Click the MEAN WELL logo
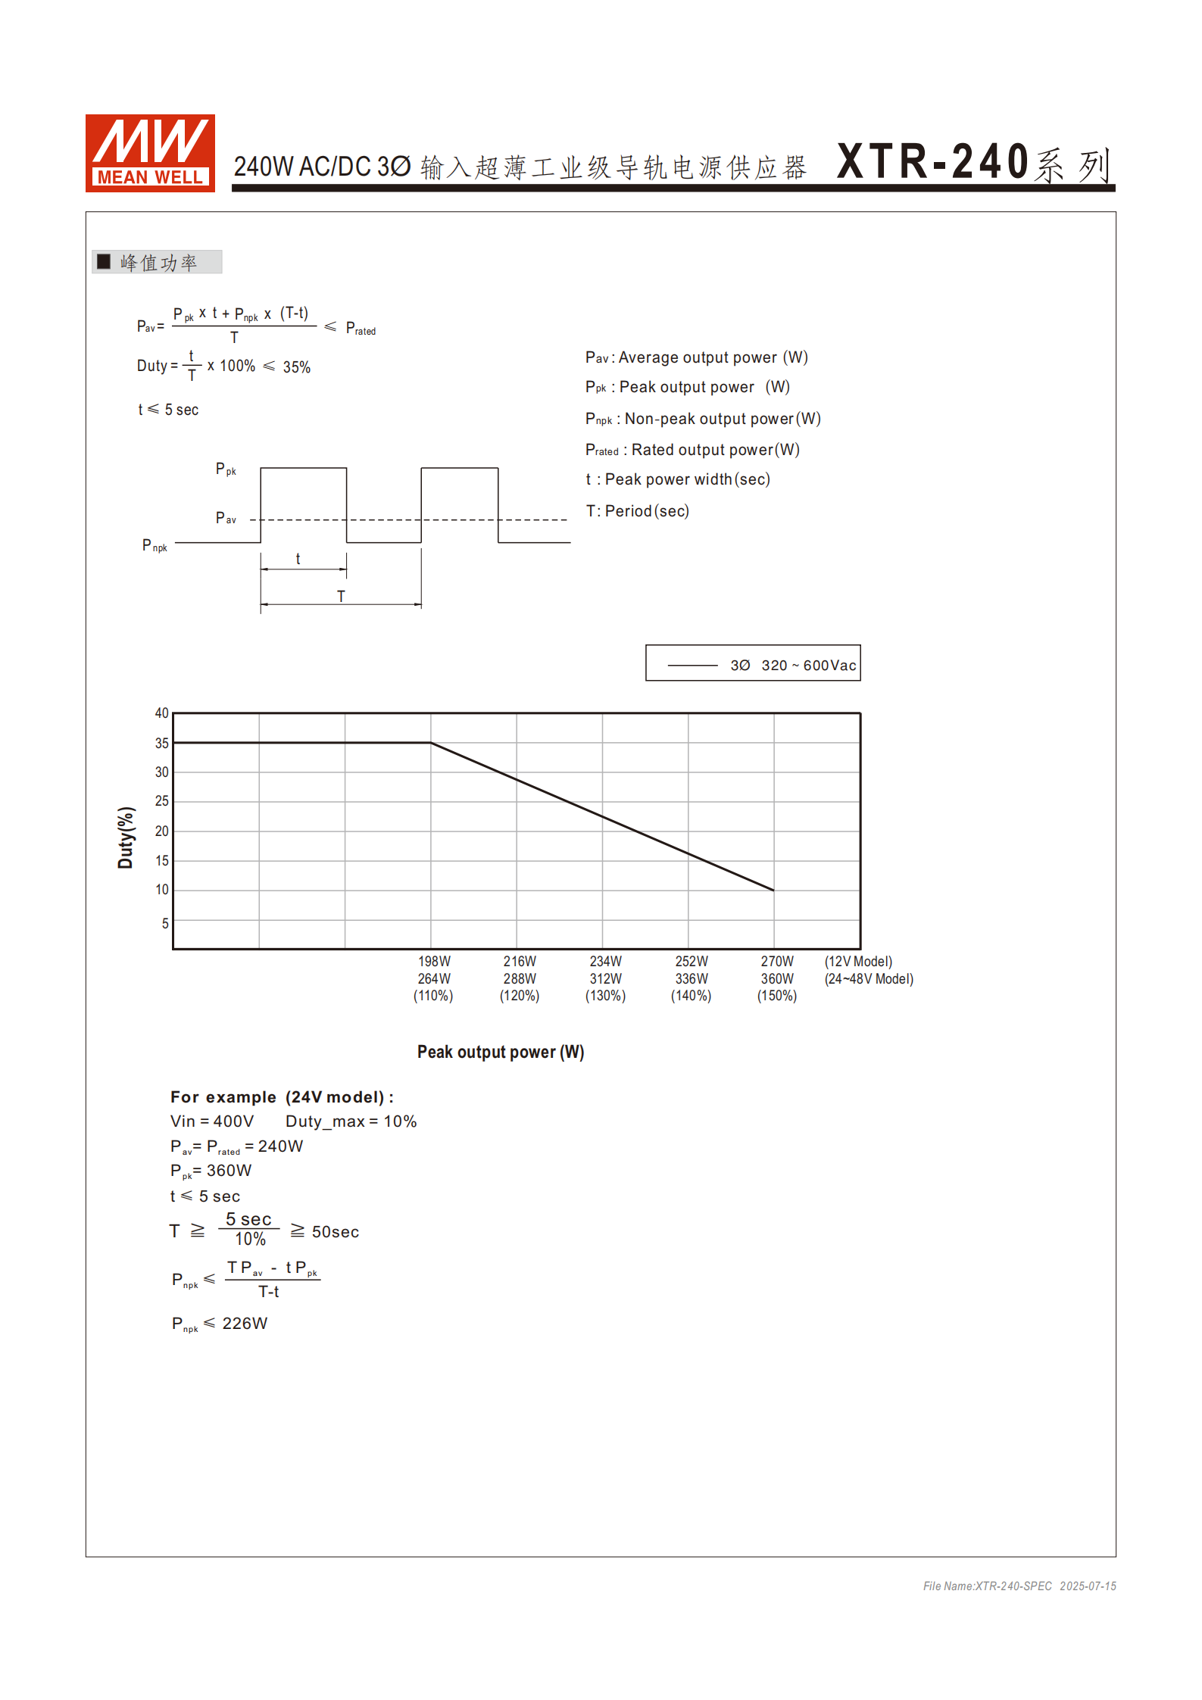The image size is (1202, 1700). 150,153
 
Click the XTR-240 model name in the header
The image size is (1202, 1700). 932,162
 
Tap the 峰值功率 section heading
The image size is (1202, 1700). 158,262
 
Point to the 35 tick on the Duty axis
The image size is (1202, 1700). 161,743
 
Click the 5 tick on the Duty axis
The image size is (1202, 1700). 164,923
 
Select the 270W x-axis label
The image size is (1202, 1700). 777,962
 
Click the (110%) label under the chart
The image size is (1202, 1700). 433,996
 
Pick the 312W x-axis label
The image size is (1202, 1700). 605,979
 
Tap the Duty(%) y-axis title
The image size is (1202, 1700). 126,837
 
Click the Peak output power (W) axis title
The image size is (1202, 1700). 501,1052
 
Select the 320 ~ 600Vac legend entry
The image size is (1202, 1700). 808,665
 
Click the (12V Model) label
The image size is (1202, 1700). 858,962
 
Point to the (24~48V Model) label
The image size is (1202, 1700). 869,979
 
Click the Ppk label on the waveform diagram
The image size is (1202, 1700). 226,469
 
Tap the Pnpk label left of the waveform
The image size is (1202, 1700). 155,545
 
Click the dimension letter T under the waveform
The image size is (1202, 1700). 341,596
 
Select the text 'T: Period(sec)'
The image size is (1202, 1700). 638,511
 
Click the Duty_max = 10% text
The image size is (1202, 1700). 351,1121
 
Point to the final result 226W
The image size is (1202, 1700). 245,1323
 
